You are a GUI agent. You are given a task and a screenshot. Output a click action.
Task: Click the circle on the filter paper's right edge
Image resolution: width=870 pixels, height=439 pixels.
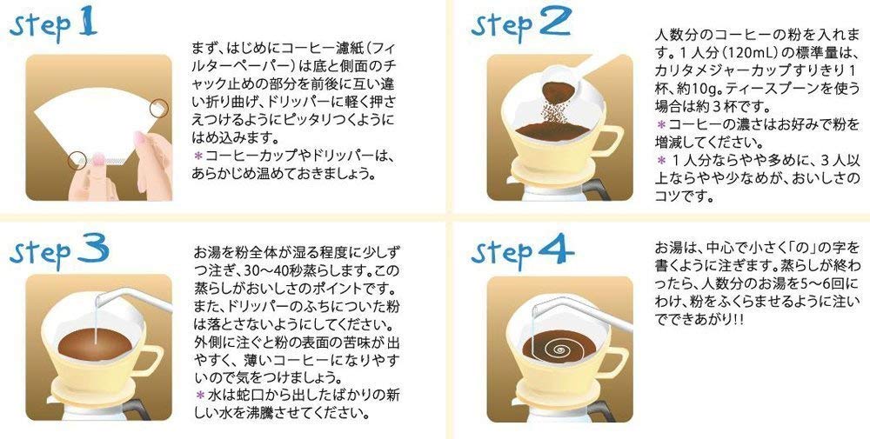[158, 107]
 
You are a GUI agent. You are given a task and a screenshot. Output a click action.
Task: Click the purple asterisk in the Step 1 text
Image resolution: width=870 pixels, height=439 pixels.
[197, 156]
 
